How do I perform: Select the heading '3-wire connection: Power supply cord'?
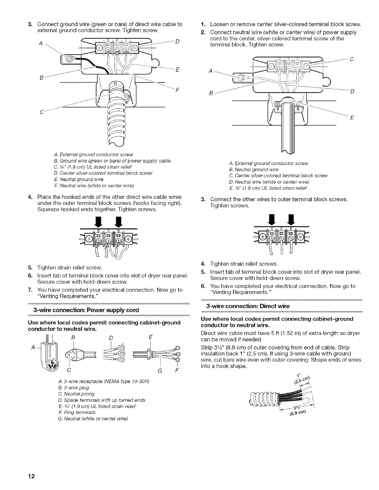(x=88, y=310)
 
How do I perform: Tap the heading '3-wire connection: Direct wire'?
(x=248, y=306)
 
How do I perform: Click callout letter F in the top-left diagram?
(x=177, y=91)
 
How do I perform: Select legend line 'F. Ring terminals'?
(x=70, y=412)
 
